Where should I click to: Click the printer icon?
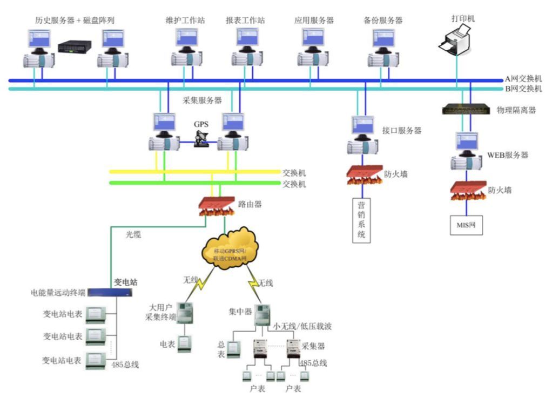tap(457, 43)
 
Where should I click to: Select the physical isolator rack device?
tap(465, 110)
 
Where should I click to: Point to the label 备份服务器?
tap(383, 21)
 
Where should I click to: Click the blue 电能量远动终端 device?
tap(110, 293)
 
